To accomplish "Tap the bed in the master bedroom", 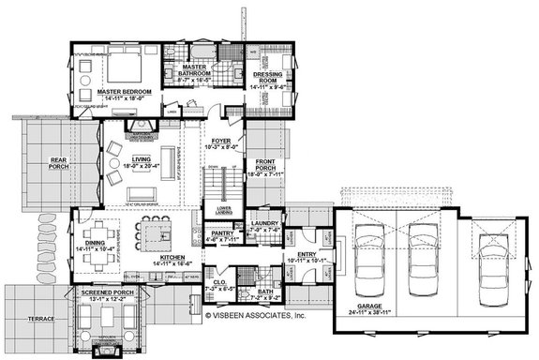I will pos(121,67).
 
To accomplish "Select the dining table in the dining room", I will pos(97,232).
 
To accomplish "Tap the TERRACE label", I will pos(41,320).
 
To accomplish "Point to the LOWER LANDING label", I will pos(223,209).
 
